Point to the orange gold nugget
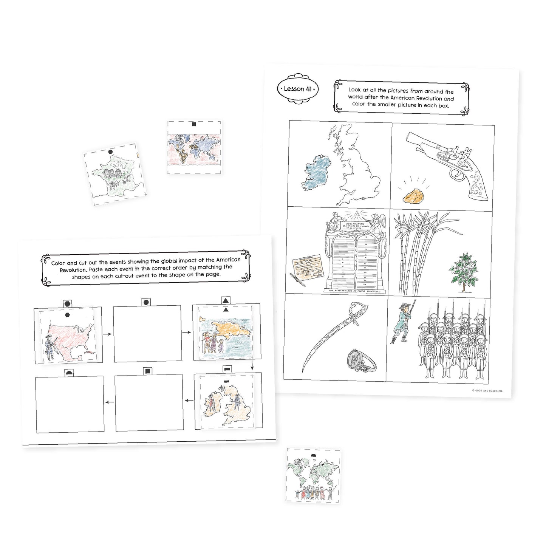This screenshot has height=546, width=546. (x=414, y=195)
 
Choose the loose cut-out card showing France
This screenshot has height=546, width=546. (x=115, y=174)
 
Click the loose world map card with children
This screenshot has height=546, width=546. (x=313, y=476)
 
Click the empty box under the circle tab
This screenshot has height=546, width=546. (x=147, y=334)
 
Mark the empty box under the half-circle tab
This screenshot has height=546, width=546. (x=70, y=404)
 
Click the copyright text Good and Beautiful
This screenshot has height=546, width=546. (x=487, y=391)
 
